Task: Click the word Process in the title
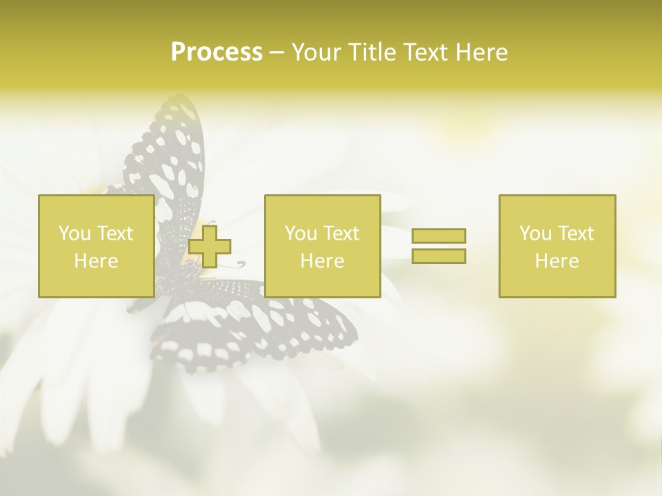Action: pos(217,52)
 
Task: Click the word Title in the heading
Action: pos(374,52)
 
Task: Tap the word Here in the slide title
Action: pos(481,52)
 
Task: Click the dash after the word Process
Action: pos(277,53)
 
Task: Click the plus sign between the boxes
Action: pos(210,246)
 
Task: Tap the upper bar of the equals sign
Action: pos(439,236)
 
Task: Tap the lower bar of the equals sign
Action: pos(439,256)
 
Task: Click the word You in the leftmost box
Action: pos(74,234)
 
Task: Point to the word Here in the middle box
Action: pos(322,261)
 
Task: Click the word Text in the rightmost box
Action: pos(576,234)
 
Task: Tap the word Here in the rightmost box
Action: pos(556,261)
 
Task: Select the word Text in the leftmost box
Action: pos(114,234)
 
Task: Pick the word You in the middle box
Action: pos(301,234)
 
